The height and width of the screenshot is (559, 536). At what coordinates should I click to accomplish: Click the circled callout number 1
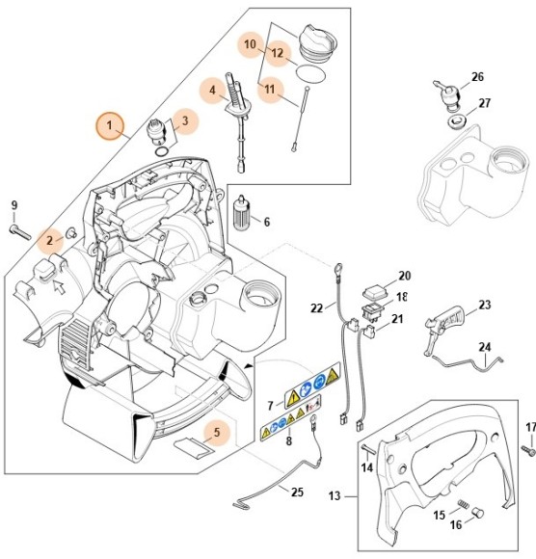click(110, 125)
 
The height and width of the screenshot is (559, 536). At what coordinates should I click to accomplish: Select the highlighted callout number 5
click(217, 433)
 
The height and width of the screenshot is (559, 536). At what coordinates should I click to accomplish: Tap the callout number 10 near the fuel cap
click(250, 44)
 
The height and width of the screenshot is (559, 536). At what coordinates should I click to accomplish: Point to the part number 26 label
click(477, 77)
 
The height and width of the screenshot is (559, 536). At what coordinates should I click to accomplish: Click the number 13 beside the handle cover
click(335, 497)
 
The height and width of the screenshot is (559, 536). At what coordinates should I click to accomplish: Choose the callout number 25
click(297, 492)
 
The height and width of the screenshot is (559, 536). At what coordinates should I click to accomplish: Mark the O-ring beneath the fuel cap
click(307, 73)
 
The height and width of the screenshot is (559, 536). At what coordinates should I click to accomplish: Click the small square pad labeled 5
click(189, 445)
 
